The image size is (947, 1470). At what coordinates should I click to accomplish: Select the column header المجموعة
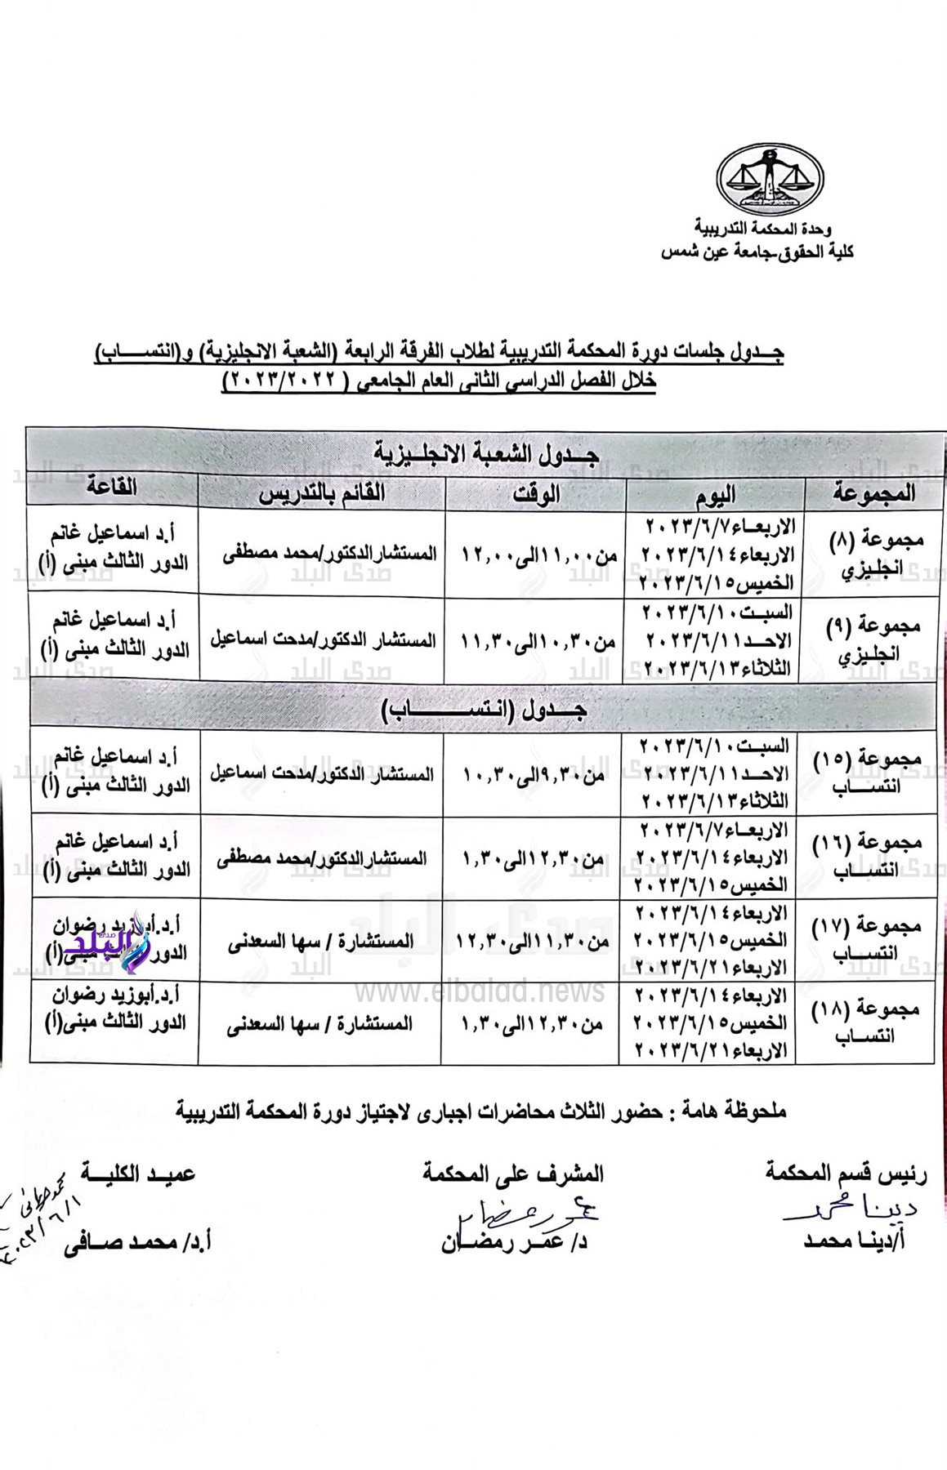pyautogui.click(x=873, y=493)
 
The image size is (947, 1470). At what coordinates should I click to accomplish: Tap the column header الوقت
pyautogui.click(x=536, y=493)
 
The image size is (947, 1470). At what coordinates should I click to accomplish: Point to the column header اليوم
pyautogui.click(x=715, y=493)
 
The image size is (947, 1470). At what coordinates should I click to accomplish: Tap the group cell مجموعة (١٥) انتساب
pyautogui.click(x=868, y=772)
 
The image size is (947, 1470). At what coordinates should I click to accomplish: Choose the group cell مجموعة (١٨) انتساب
pyautogui.click(x=866, y=1022)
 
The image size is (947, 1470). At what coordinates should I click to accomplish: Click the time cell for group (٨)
pyautogui.click(x=538, y=555)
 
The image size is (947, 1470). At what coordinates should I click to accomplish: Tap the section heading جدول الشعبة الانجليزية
pyautogui.click(x=487, y=452)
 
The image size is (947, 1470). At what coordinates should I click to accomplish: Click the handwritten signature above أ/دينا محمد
pyautogui.click(x=850, y=1209)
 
